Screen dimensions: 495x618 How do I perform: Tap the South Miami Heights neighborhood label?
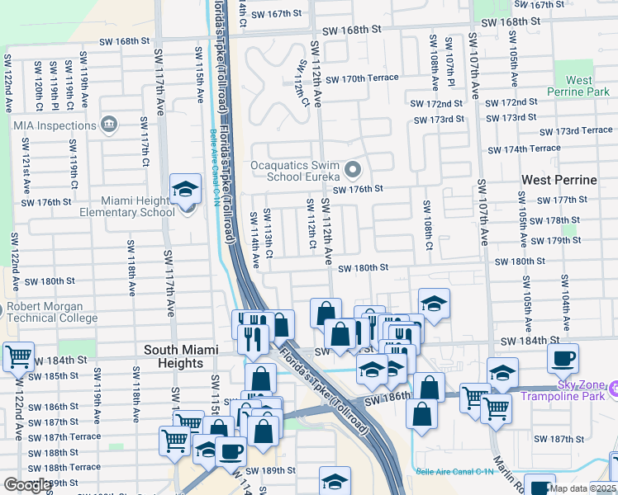pos(185,350)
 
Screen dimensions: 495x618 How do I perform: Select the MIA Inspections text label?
pos(55,125)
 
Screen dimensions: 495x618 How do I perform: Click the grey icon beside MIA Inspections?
pos(108,125)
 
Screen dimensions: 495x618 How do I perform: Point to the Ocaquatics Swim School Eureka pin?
pos(354,171)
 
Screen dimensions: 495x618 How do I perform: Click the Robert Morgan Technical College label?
pos(52,312)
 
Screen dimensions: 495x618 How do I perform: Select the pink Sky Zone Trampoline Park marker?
pos(611,388)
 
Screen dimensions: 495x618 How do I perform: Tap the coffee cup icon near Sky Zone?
pos(563,358)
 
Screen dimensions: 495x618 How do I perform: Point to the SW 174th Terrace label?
pos(524,149)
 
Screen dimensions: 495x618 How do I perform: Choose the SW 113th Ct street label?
pos(269,233)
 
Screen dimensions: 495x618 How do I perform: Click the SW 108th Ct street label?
pos(428,224)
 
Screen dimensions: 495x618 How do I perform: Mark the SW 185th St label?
pos(58,376)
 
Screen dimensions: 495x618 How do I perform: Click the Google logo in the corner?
pos(27,485)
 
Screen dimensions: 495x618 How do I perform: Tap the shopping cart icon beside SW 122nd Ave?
pos(18,357)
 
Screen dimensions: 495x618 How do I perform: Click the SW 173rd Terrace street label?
pos(576,131)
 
